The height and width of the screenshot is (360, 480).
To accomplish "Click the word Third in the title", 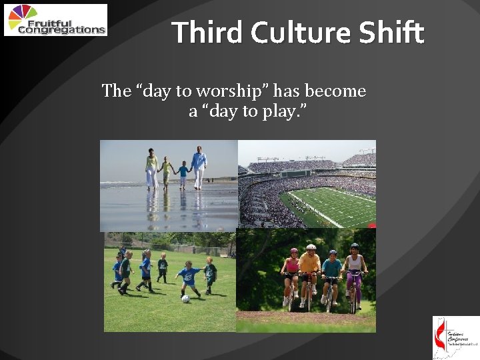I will (x=203, y=32).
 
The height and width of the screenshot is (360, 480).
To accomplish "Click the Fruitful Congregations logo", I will (x=55, y=20).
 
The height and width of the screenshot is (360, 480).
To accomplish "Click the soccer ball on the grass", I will (x=186, y=299).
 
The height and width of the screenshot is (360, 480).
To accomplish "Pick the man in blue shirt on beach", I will (x=199, y=167).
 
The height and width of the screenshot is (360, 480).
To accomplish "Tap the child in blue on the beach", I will (x=182, y=176).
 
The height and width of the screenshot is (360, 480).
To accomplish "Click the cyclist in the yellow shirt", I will (x=309, y=273).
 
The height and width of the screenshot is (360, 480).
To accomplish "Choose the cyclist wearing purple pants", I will (x=355, y=277).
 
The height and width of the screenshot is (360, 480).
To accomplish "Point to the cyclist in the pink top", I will (x=291, y=275).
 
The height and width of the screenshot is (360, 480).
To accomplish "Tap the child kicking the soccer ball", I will (x=189, y=278).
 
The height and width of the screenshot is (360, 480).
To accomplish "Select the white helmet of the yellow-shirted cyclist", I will (x=311, y=248).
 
